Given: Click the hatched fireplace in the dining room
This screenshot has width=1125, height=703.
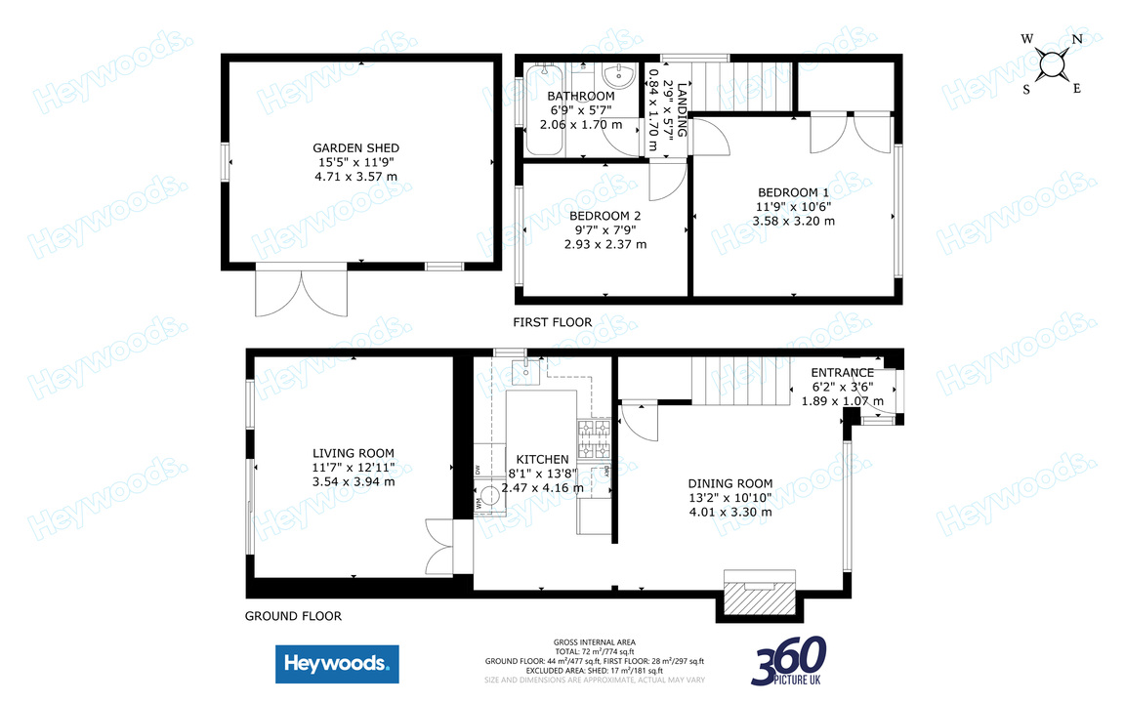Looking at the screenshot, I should tap(758, 595).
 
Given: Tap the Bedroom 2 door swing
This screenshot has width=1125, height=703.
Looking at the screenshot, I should tap(667, 181).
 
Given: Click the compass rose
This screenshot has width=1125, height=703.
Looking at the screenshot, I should tap(1053, 64).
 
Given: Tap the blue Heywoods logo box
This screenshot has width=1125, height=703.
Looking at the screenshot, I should tap(337, 665).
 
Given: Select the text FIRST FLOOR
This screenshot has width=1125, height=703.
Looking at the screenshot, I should tap(553, 322).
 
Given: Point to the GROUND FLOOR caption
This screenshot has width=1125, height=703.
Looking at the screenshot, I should tap(293, 616).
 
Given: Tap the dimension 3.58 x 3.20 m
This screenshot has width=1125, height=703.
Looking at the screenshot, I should tap(793, 221).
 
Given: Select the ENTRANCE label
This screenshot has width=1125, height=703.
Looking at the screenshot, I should tap(842, 373).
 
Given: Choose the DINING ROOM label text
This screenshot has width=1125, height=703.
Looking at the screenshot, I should tap(729, 483).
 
